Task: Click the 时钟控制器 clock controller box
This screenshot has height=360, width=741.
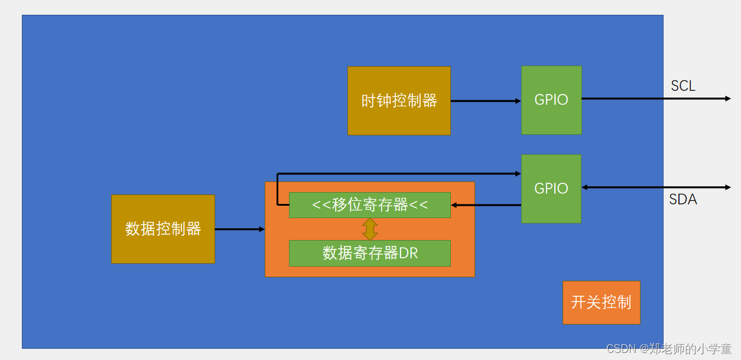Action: (399, 100)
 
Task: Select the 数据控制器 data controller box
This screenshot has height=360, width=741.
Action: (162, 229)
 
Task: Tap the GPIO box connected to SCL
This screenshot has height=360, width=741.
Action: (551, 100)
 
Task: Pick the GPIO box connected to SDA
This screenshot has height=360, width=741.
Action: (551, 189)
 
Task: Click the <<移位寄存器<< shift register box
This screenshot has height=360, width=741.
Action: (369, 205)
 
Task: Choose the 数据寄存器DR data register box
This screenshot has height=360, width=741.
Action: (369, 253)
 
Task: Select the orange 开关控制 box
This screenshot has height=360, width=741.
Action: (601, 303)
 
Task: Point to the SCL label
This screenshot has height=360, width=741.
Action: (683, 86)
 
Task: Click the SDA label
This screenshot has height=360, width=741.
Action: (683, 200)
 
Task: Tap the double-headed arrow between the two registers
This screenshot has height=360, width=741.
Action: (370, 229)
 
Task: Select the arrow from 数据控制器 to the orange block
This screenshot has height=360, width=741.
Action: (239, 229)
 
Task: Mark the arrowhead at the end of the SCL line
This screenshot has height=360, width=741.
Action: (727, 99)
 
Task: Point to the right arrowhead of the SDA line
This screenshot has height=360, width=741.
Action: (727, 187)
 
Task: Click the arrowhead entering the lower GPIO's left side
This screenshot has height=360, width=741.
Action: (517, 174)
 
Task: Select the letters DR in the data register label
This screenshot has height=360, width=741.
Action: (408, 253)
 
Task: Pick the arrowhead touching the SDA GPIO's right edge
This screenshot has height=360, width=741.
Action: (585, 187)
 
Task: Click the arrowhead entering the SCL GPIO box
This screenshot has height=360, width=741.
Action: (518, 101)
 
